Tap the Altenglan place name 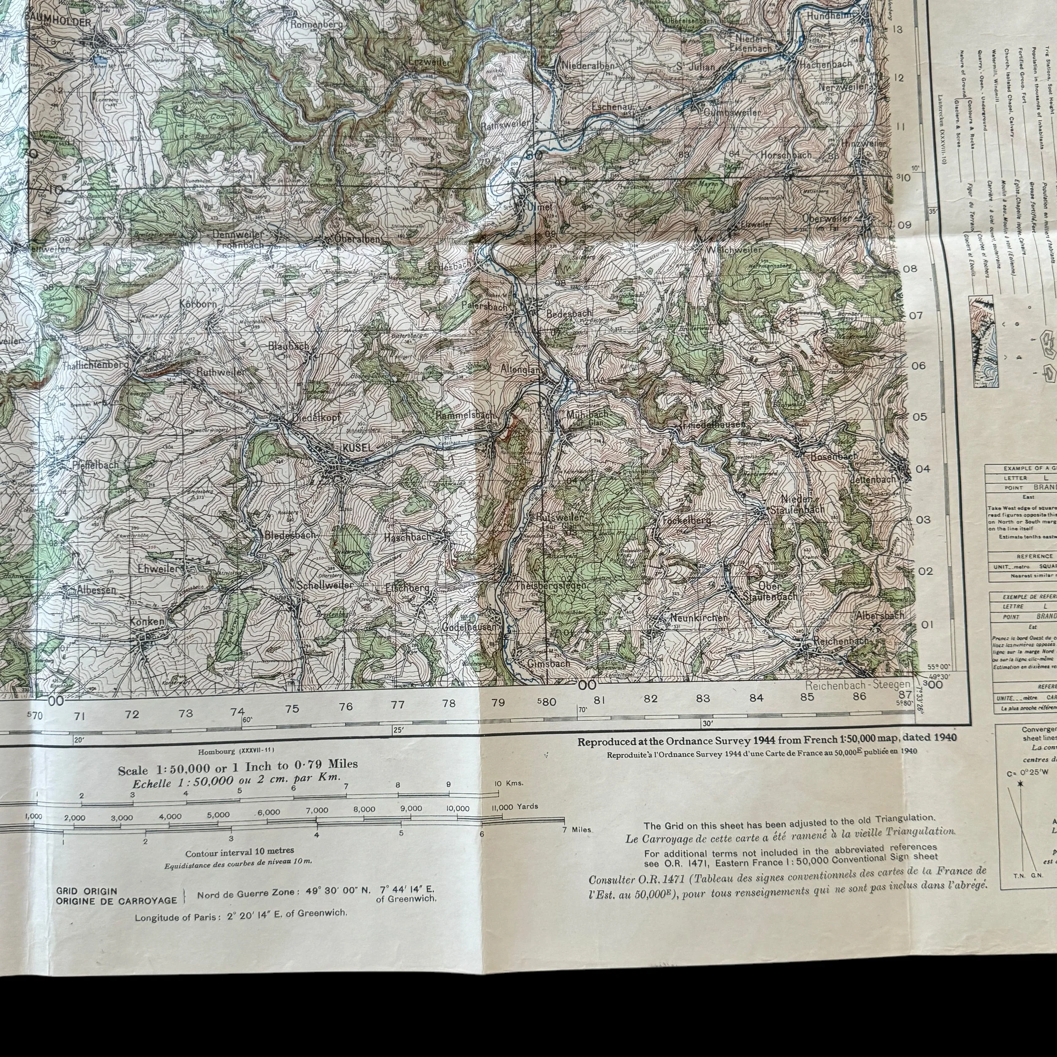521,370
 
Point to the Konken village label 147,622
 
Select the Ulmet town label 539,207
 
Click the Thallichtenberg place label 95,365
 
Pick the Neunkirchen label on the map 698,618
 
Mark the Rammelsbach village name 465,415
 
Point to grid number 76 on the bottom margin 346,706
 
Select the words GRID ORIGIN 86,891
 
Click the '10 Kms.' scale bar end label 508,783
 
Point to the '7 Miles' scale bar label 577,830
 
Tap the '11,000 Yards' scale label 515,806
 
